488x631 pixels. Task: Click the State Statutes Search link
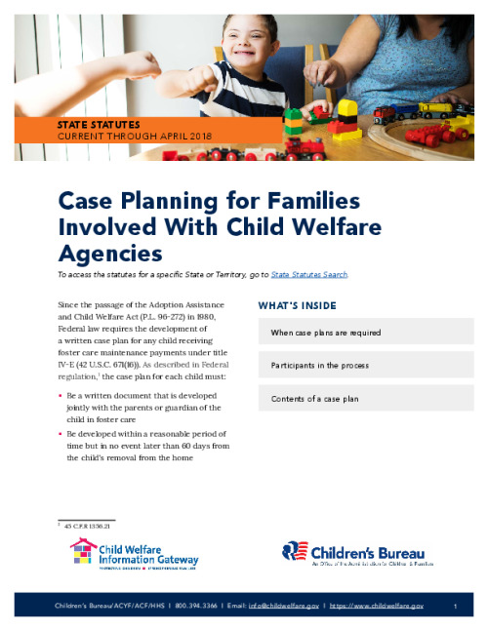pos(308,275)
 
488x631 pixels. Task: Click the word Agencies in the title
pos(109,254)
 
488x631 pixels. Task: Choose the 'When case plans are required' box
pos(366,333)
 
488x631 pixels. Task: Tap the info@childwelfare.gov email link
pos(284,606)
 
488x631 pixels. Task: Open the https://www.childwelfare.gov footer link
pos(379,606)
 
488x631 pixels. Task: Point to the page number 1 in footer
pos(456,606)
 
